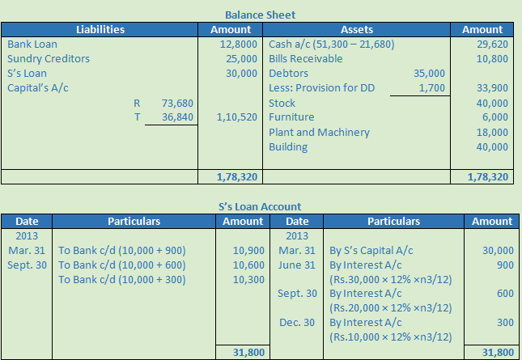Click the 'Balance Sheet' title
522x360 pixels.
click(260, 15)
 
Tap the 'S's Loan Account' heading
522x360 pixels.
click(260, 206)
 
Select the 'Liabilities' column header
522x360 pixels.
click(100, 29)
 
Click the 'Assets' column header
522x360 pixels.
click(356, 29)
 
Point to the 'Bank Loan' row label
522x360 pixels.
click(32, 44)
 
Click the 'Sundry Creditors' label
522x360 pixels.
click(49, 58)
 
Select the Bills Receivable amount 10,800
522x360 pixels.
click(492, 58)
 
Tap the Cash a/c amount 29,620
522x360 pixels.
click(492, 44)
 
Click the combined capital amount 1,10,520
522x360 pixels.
click(237, 117)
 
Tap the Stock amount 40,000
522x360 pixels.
click(492, 103)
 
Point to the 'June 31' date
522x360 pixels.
click(297, 265)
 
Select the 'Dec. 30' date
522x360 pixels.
click(297, 322)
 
